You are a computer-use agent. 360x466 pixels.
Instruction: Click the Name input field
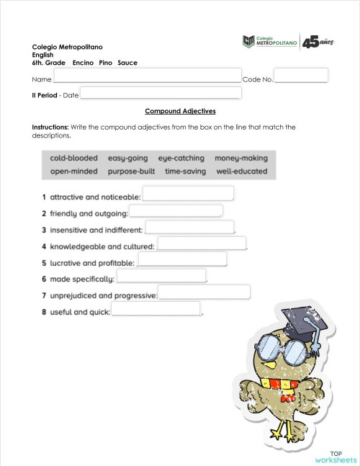click(x=147, y=76)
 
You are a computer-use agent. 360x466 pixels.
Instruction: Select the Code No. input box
click(x=301, y=76)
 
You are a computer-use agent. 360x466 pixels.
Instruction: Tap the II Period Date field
click(x=160, y=92)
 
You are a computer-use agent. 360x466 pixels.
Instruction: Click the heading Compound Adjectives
click(x=180, y=111)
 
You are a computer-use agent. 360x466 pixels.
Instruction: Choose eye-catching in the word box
click(x=181, y=158)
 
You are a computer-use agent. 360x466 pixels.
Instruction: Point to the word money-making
click(x=240, y=158)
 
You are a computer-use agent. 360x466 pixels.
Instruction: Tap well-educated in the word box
click(x=241, y=171)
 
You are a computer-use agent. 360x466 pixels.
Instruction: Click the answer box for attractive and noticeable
click(x=189, y=193)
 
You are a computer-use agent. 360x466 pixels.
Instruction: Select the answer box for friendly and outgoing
click(x=175, y=211)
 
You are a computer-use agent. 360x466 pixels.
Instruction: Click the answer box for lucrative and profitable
click(x=181, y=259)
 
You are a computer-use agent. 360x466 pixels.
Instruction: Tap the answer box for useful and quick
click(x=156, y=309)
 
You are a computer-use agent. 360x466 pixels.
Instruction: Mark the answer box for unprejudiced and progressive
click(x=204, y=292)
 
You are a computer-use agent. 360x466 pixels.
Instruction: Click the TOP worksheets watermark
click(x=336, y=457)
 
